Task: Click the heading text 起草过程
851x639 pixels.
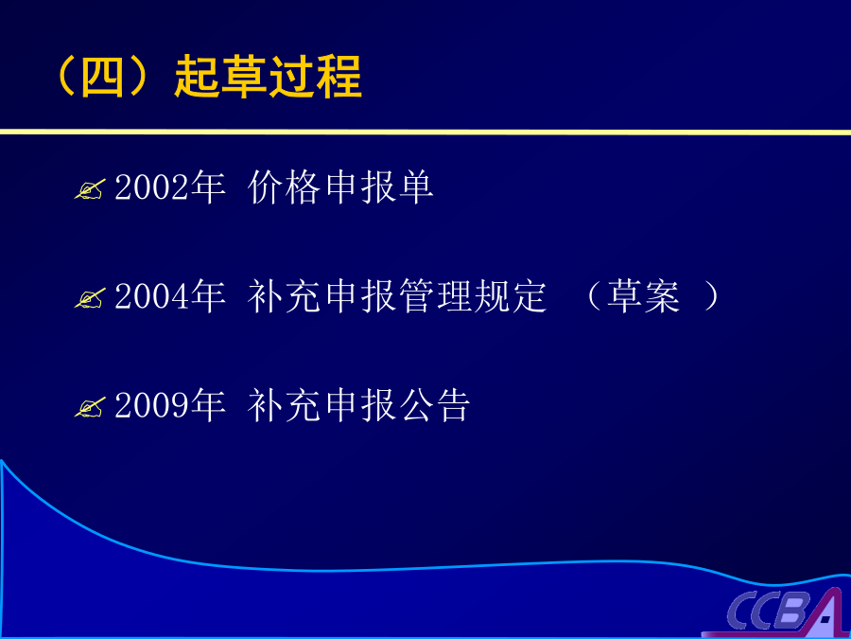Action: click(x=269, y=77)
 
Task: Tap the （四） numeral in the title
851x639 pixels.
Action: click(x=102, y=77)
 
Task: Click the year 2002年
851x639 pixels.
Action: click(x=170, y=186)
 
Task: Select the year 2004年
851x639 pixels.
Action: click(x=170, y=296)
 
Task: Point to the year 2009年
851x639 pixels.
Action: click(x=170, y=405)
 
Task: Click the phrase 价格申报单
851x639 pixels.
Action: click(x=340, y=186)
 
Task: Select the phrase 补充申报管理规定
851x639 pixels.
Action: click(x=397, y=296)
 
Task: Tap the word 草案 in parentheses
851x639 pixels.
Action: click(x=643, y=296)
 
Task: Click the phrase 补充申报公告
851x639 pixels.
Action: click(x=358, y=405)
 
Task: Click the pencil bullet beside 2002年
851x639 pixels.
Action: click(x=90, y=189)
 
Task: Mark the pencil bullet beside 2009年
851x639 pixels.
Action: click(x=90, y=407)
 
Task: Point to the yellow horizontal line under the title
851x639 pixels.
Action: click(x=425, y=132)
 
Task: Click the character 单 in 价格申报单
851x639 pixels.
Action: click(x=416, y=186)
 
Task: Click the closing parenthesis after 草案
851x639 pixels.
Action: click(x=711, y=296)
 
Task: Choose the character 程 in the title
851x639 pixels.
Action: click(x=339, y=77)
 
